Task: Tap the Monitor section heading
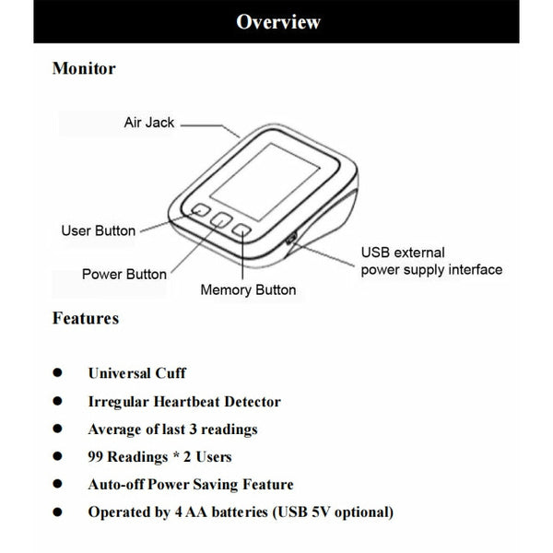click(x=84, y=68)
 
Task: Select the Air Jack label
click(x=149, y=122)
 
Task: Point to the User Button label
click(x=98, y=230)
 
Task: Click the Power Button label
click(x=124, y=274)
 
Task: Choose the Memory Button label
click(x=249, y=289)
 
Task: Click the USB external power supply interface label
click(x=430, y=261)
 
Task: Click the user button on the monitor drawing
click(x=201, y=209)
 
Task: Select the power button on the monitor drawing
click(x=221, y=220)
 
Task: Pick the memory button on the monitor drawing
click(x=241, y=231)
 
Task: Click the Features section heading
click(x=86, y=319)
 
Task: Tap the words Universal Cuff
click(x=136, y=373)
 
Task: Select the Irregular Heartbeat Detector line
click(x=184, y=401)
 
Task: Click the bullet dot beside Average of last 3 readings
click(x=57, y=429)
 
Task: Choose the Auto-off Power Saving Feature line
click(x=190, y=484)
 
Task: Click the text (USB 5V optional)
click(x=340, y=512)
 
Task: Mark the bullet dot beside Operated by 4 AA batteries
click(x=57, y=512)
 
